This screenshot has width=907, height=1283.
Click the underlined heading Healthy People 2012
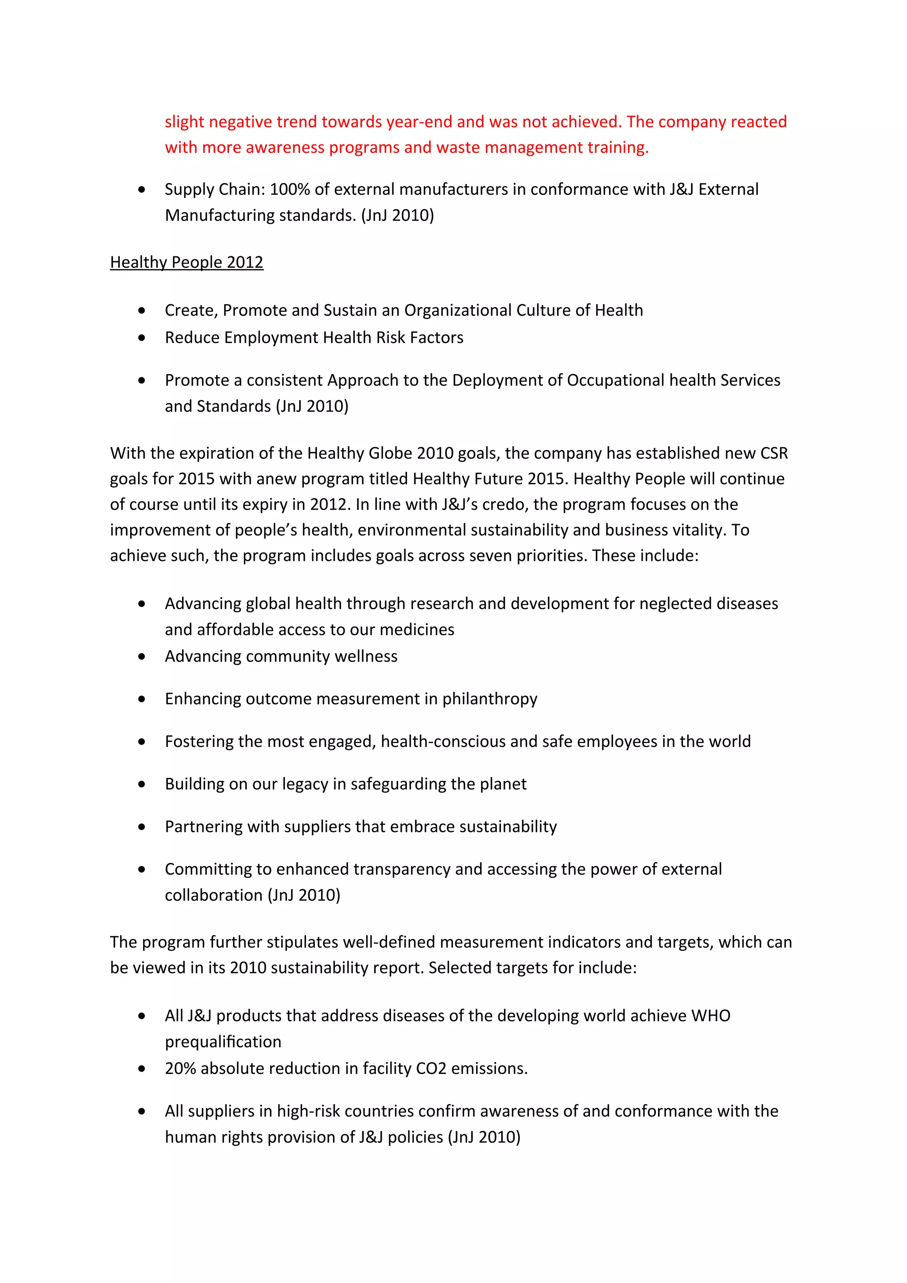click(x=186, y=262)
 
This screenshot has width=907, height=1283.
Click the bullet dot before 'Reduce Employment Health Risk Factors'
click(x=142, y=337)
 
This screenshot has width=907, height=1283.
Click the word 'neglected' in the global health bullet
click(x=674, y=603)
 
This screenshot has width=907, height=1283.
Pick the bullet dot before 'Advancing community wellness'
click(x=142, y=657)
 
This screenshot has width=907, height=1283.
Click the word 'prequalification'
click(x=223, y=1042)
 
